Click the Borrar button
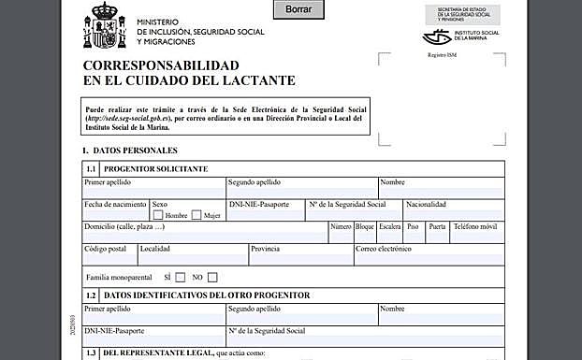click(x=298, y=8)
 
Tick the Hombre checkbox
click(x=158, y=215)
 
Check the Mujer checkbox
click(x=196, y=215)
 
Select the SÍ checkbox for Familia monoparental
click(x=180, y=277)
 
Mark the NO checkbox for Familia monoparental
click(x=212, y=277)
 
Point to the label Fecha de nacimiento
click(x=115, y=204)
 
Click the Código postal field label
click(x=105, y=249)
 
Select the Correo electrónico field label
click(x=384, y=249)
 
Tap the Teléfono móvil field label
click(x=474, y=226)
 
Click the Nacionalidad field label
click(x=425, y=204)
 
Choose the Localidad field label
click(x=154, y=249)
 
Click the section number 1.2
click(x=91, y=295)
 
